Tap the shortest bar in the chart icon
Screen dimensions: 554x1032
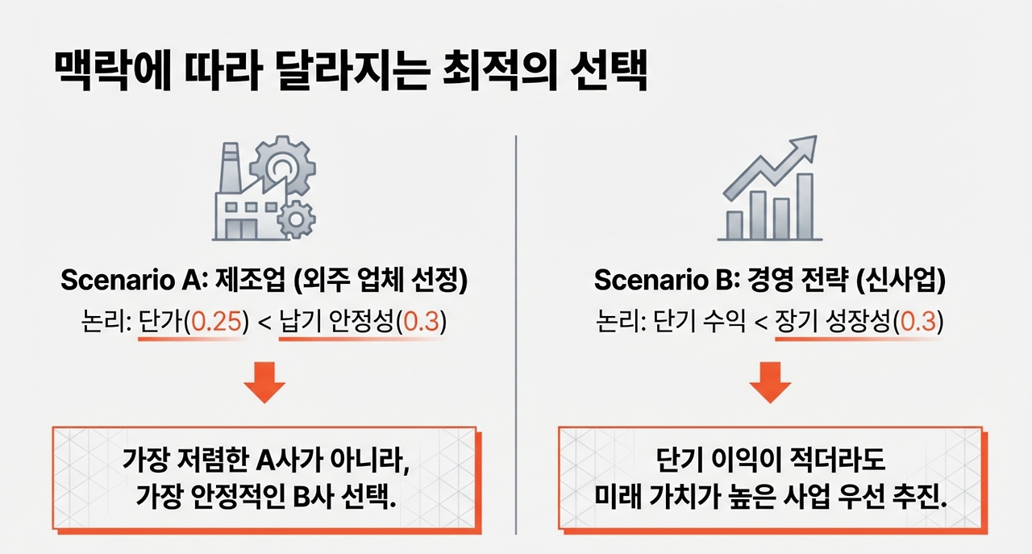coord(734,224)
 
